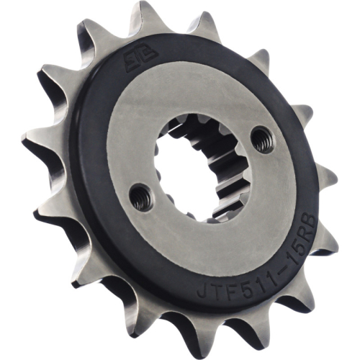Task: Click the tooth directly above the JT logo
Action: (193, 25)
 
